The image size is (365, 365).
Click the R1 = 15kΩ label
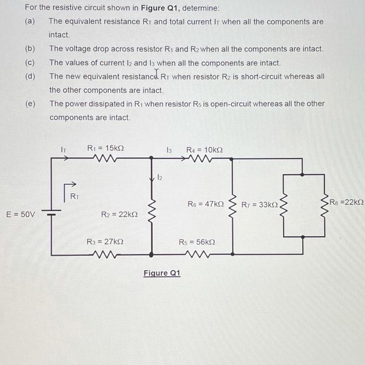coord(105,148)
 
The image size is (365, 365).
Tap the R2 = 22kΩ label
coord(119,214)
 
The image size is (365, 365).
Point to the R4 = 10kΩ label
coord(204,150)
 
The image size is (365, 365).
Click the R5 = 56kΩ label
coord(197,242)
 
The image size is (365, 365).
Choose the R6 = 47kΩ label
coord(205,204)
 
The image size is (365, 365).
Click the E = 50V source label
coord(20,214)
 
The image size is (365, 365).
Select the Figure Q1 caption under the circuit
coord(162,273)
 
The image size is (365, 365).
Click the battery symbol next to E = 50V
coord(52,214)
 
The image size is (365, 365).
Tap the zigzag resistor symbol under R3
coord(106,254)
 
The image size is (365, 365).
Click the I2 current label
coord(160,178)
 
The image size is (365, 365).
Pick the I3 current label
coord(169,150)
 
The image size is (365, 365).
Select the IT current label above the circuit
coord(64,150)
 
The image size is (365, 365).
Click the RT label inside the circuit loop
coord(74,197)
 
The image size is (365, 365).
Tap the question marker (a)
coord(29,22)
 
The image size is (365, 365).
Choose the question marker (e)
coord(30,103)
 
